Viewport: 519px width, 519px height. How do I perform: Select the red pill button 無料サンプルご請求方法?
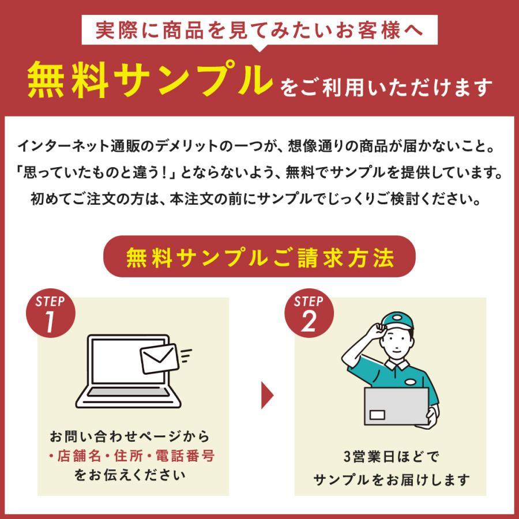(x=259, y=257)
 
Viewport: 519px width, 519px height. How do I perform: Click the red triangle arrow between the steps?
(x=267, y=395)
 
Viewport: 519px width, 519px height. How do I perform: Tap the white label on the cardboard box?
(x=378, y=414)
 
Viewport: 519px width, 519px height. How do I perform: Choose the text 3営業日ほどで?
(x=392, y=458)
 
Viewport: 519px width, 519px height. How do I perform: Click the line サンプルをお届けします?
(x=392, y=479)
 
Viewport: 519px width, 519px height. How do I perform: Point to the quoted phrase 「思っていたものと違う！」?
(x=105, y=172)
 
